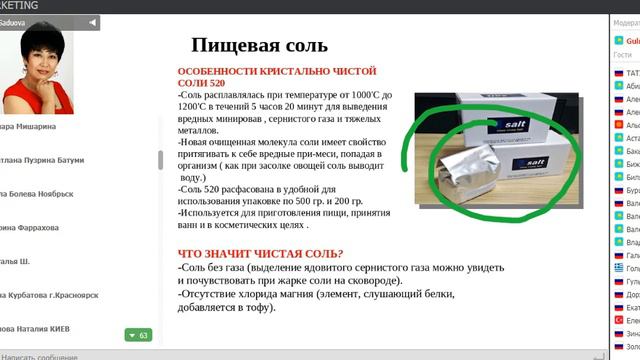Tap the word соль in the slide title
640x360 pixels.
304,46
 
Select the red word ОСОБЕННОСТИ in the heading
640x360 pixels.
215,73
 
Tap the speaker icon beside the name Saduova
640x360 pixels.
93,21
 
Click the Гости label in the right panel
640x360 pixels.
623,56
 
